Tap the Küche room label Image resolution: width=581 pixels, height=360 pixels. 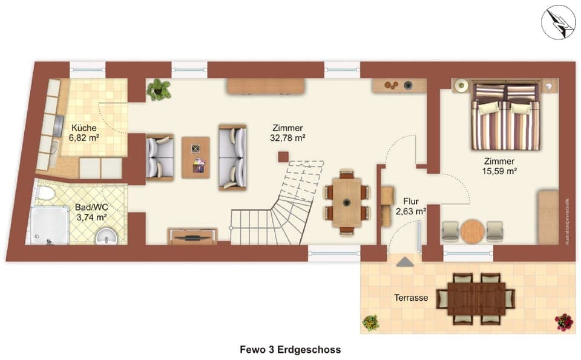click(x=84, y=128)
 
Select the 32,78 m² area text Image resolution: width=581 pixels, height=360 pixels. click(x=287, y=138)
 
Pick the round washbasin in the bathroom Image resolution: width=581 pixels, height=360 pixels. click(x=107, y=236)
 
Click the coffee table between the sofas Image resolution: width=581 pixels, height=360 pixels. click(x=195, y=157)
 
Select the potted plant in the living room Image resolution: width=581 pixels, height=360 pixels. click(x=159, y=89)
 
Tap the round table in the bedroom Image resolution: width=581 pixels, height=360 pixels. click(x=473, y=231)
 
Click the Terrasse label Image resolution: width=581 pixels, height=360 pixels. click(x=412, y=298)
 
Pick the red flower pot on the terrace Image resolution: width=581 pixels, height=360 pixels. click(x=563, y=322)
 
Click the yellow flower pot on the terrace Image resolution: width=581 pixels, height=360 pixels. click(x=370, y=322)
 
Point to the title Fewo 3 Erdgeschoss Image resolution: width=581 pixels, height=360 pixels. click(x=290, y=350)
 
